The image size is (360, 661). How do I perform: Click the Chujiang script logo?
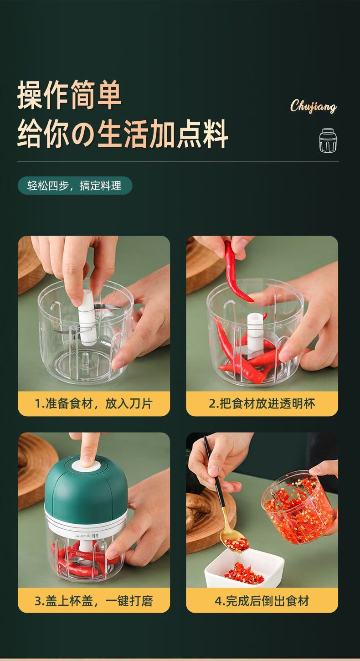314,106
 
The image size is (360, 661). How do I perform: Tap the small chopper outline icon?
329,140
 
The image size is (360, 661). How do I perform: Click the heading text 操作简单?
70,94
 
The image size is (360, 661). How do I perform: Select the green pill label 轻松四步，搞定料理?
75,186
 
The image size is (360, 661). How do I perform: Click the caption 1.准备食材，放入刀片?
94,403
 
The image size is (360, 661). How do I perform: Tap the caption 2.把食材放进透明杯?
262,403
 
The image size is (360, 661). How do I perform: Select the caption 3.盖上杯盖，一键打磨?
94,600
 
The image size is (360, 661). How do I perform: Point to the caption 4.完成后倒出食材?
262,600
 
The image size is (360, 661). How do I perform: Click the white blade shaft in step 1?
87,317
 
